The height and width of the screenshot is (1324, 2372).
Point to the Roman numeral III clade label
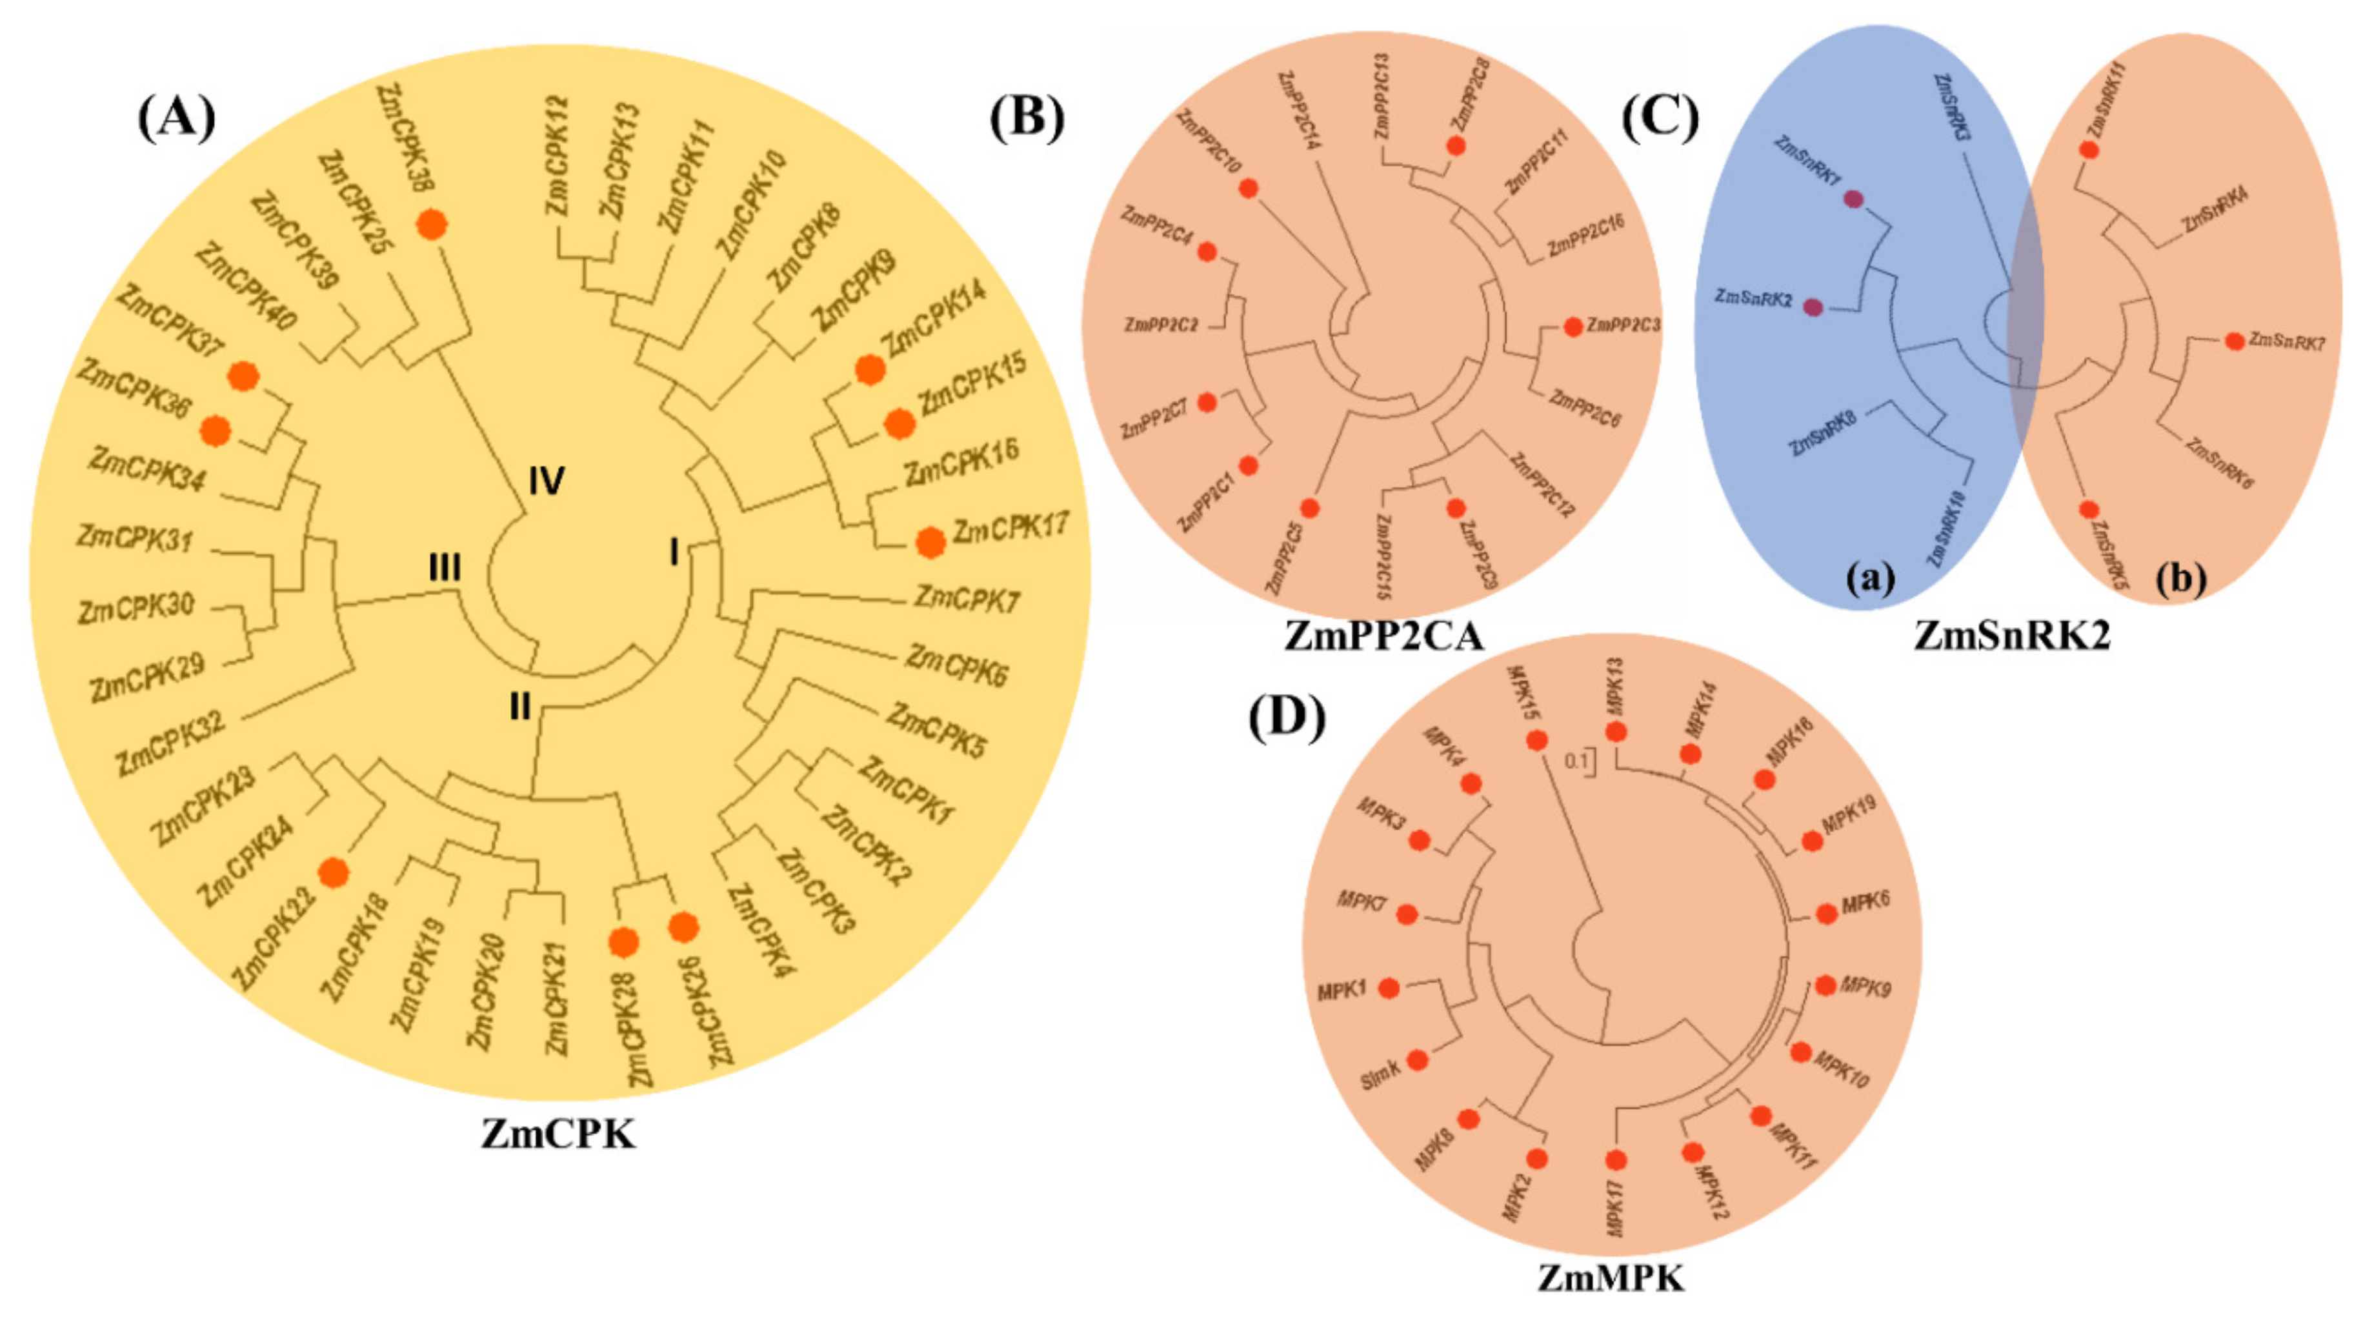[445, 568]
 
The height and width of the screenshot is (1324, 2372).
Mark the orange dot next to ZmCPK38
[432, 224]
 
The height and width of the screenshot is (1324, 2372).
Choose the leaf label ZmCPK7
[966, 600]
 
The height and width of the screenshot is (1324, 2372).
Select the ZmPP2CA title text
[1384, 636]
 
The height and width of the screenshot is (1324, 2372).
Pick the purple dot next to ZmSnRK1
[1854, 199]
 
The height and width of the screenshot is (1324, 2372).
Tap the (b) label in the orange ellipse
[2182, 580]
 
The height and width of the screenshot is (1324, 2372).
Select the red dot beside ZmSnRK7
[2235, 341]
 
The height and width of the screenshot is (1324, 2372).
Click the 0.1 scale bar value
[1576, 761]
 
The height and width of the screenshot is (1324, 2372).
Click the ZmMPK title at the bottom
[1611, 1278]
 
